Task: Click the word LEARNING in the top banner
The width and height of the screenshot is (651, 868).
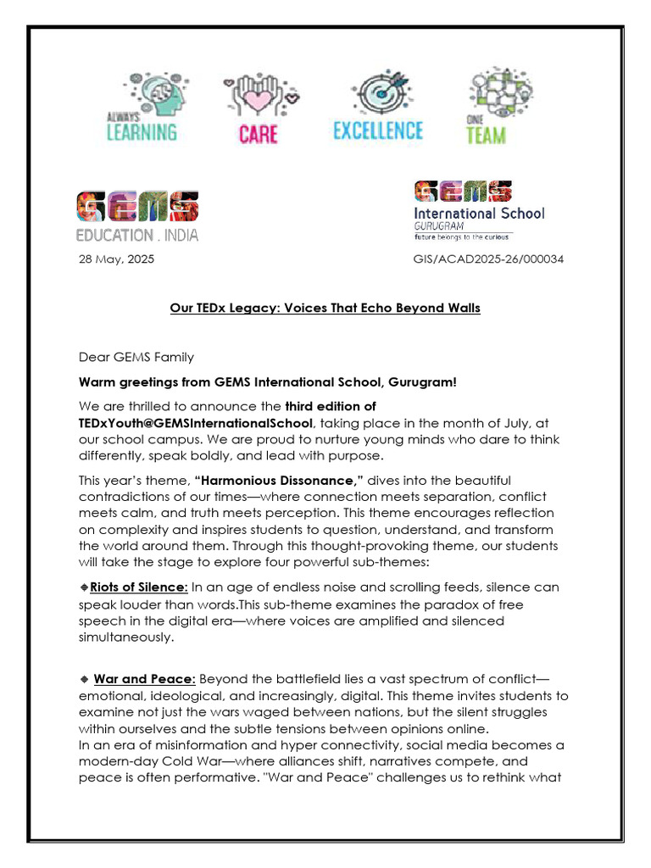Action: (142, 132)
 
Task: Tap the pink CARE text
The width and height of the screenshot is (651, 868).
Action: (258, 134)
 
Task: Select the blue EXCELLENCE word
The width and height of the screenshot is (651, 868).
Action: (377, 131)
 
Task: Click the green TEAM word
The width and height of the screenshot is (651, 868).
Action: (486, 135)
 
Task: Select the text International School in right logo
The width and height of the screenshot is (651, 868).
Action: (479, 213)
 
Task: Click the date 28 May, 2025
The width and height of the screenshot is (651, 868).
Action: (116, 259)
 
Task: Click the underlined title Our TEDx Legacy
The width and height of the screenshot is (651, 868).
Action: (325, 308)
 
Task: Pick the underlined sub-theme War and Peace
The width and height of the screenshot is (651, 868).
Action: (144, 679)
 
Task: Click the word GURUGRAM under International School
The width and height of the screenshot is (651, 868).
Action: (437, 227)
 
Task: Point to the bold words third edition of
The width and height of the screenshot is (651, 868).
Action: (331, 406)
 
